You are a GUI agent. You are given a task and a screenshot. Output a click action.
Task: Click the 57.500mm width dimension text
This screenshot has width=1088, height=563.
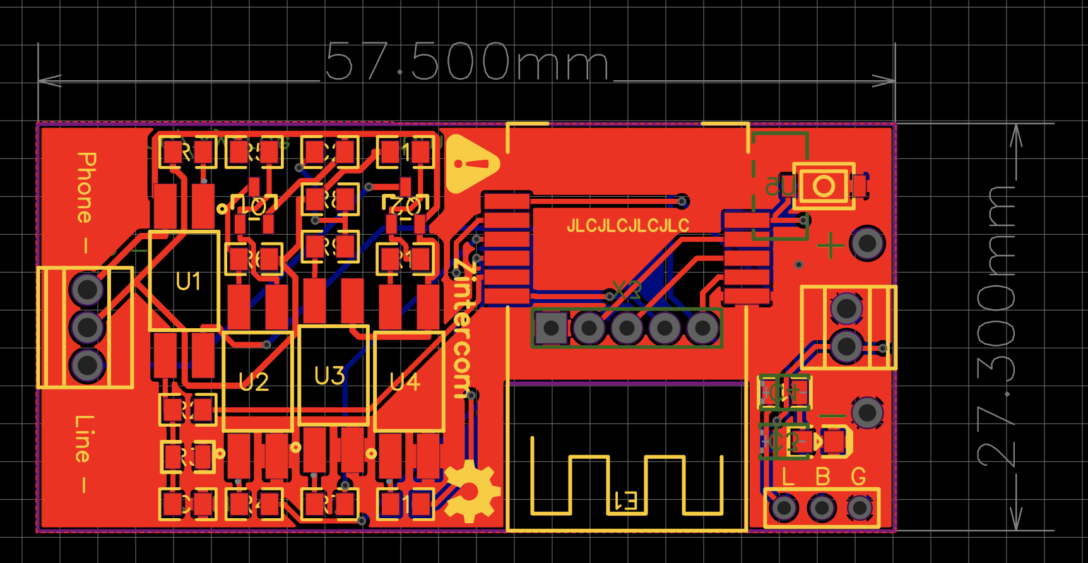coord(467,62)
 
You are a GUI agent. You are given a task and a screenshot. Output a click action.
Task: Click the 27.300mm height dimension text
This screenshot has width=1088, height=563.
coord(996,326)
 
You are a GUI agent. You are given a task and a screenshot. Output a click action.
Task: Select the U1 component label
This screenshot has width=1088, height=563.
coord(188,281)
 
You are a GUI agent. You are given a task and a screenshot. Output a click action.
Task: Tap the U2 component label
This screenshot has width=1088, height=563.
coord(254,382)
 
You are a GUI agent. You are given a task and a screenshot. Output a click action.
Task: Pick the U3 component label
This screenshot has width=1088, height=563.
coord(329,376)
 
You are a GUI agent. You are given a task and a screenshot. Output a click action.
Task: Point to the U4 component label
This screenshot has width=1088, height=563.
coord(405,382)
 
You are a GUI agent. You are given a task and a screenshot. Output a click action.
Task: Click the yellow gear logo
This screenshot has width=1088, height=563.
coord(471,491)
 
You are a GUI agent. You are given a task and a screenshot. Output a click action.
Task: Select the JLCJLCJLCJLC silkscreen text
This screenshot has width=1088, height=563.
coord(627,225)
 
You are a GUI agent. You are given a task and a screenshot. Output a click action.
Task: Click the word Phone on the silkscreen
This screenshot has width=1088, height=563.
coord(85,187)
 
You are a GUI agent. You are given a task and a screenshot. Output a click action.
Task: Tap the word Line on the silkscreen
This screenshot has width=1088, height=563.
coord(84,439)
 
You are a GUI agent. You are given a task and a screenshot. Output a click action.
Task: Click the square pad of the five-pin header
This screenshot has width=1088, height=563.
coord(551,328)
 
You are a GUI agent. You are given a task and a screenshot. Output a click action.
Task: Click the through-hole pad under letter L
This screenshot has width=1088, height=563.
coord(784,507)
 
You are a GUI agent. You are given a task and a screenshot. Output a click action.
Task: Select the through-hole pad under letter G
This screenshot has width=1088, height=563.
coord(859,507)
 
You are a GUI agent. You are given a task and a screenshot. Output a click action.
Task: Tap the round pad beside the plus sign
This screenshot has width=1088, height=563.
coord(867,243)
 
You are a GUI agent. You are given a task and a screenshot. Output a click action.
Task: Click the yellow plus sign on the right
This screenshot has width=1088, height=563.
coord(831,245)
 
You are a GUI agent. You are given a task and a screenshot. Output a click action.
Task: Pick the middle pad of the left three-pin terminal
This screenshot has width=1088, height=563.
coord(86,327)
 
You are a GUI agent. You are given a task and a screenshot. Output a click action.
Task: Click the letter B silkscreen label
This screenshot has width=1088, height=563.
coord(822,477)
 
